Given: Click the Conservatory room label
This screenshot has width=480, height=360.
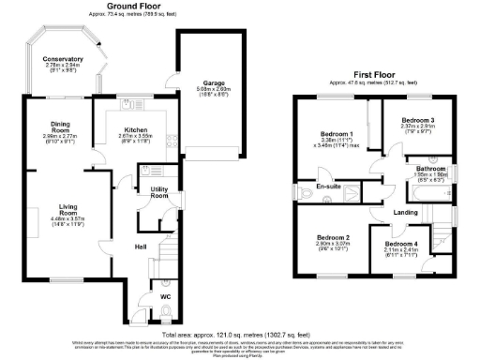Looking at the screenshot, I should click(x=63, y=59).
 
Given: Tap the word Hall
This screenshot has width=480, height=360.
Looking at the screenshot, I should click(x=139, y=247).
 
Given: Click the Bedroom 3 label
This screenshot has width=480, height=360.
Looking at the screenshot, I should click(x=417, y=121).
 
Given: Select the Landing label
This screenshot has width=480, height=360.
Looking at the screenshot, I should click(x=405, y=212).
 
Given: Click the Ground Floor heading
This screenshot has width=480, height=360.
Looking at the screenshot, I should click(x=140, y=5).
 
